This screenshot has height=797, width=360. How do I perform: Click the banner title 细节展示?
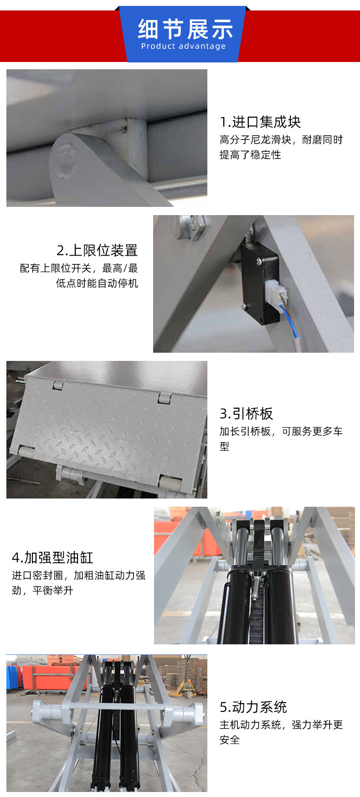185,29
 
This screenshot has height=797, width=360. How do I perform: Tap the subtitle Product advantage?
183,46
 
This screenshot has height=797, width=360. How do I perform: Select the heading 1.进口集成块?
260,122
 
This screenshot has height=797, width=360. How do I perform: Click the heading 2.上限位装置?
97,250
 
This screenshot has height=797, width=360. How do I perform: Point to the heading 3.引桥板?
246,413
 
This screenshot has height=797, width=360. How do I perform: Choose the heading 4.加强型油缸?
52,557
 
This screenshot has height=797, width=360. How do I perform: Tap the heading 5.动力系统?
253,707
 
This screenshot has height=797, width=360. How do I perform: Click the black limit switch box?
258,283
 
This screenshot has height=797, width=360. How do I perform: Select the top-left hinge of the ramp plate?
57,385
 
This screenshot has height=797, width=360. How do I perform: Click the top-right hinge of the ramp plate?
165,398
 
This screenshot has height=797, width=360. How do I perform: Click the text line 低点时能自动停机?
97,283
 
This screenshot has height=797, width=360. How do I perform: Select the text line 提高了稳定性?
250,155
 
